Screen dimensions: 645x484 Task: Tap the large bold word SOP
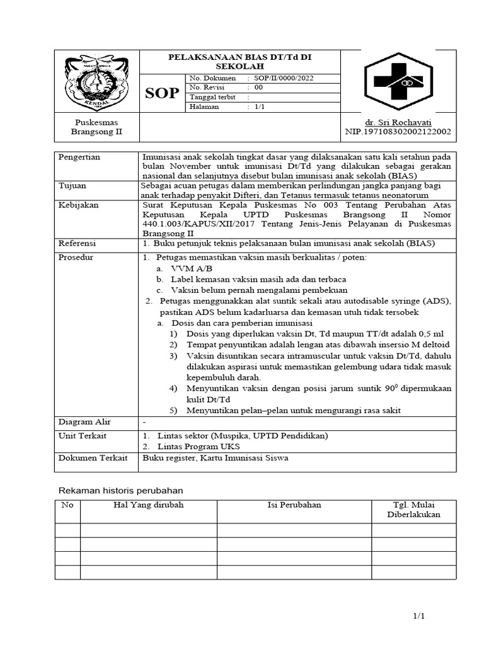pyautogui.click(x=162, y=93)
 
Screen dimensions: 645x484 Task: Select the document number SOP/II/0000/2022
pyautogui.click(x=283, y=78)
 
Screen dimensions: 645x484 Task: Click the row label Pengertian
pyautogui.click(x=79, y=157)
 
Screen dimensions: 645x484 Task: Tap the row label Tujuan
pyautogui.click(x=72, y=186)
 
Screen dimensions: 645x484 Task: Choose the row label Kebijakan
pyautogui.click(x=78, y=205)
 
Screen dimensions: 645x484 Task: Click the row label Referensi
pyautogui.click(x=78, y=243)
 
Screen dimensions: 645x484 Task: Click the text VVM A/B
pyautogui.click(x=183, y=268)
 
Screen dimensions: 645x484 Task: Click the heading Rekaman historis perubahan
pyautogui.click(x=120, y=490)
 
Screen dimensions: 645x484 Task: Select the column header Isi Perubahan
pyautogui.click(x=293, y=505)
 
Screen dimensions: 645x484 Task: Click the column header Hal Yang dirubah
pyautogui.click(x=148, y=505)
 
